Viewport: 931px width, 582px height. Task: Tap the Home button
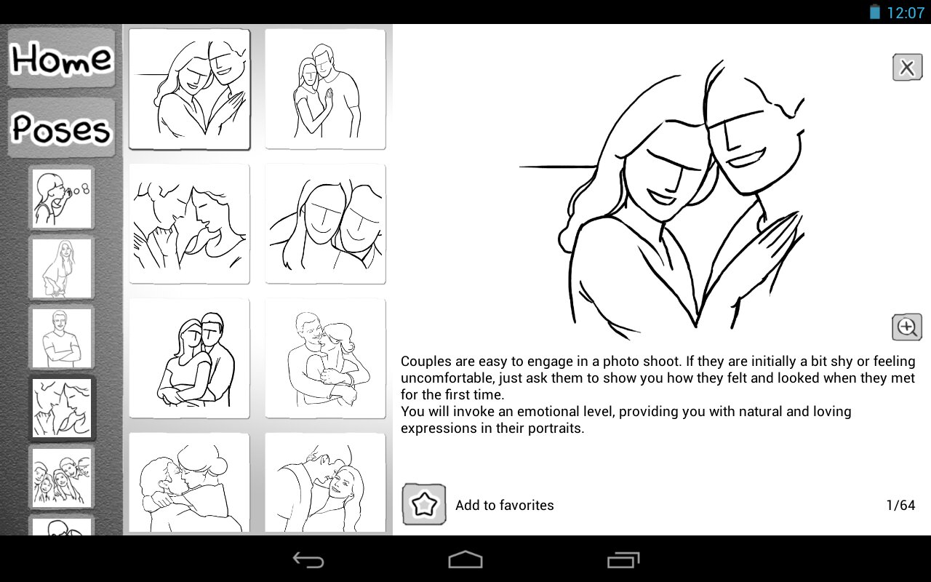pos(61,58)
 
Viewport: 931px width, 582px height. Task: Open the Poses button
pos(61,127)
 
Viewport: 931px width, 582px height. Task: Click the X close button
pos(907,68)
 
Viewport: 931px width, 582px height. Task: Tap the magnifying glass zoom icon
pos(907,327)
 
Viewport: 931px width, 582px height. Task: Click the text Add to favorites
pos(505,505)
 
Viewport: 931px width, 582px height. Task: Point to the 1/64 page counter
pos(900,505)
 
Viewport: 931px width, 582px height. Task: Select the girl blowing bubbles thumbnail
pos(62,199)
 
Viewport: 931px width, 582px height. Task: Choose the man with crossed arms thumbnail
pos(62,338)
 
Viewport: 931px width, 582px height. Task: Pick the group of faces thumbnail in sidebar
pos(62,478)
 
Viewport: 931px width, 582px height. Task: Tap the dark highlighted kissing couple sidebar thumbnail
pos(62,408)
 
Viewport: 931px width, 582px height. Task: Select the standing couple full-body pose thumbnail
pos(325,89)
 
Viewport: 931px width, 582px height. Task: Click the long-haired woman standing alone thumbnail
pos(62,268)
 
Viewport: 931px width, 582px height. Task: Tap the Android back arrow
pos(308,559)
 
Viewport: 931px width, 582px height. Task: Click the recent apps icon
pos(623,559)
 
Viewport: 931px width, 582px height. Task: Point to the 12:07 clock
pos(906,12)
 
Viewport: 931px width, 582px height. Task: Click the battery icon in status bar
pos(875,12)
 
